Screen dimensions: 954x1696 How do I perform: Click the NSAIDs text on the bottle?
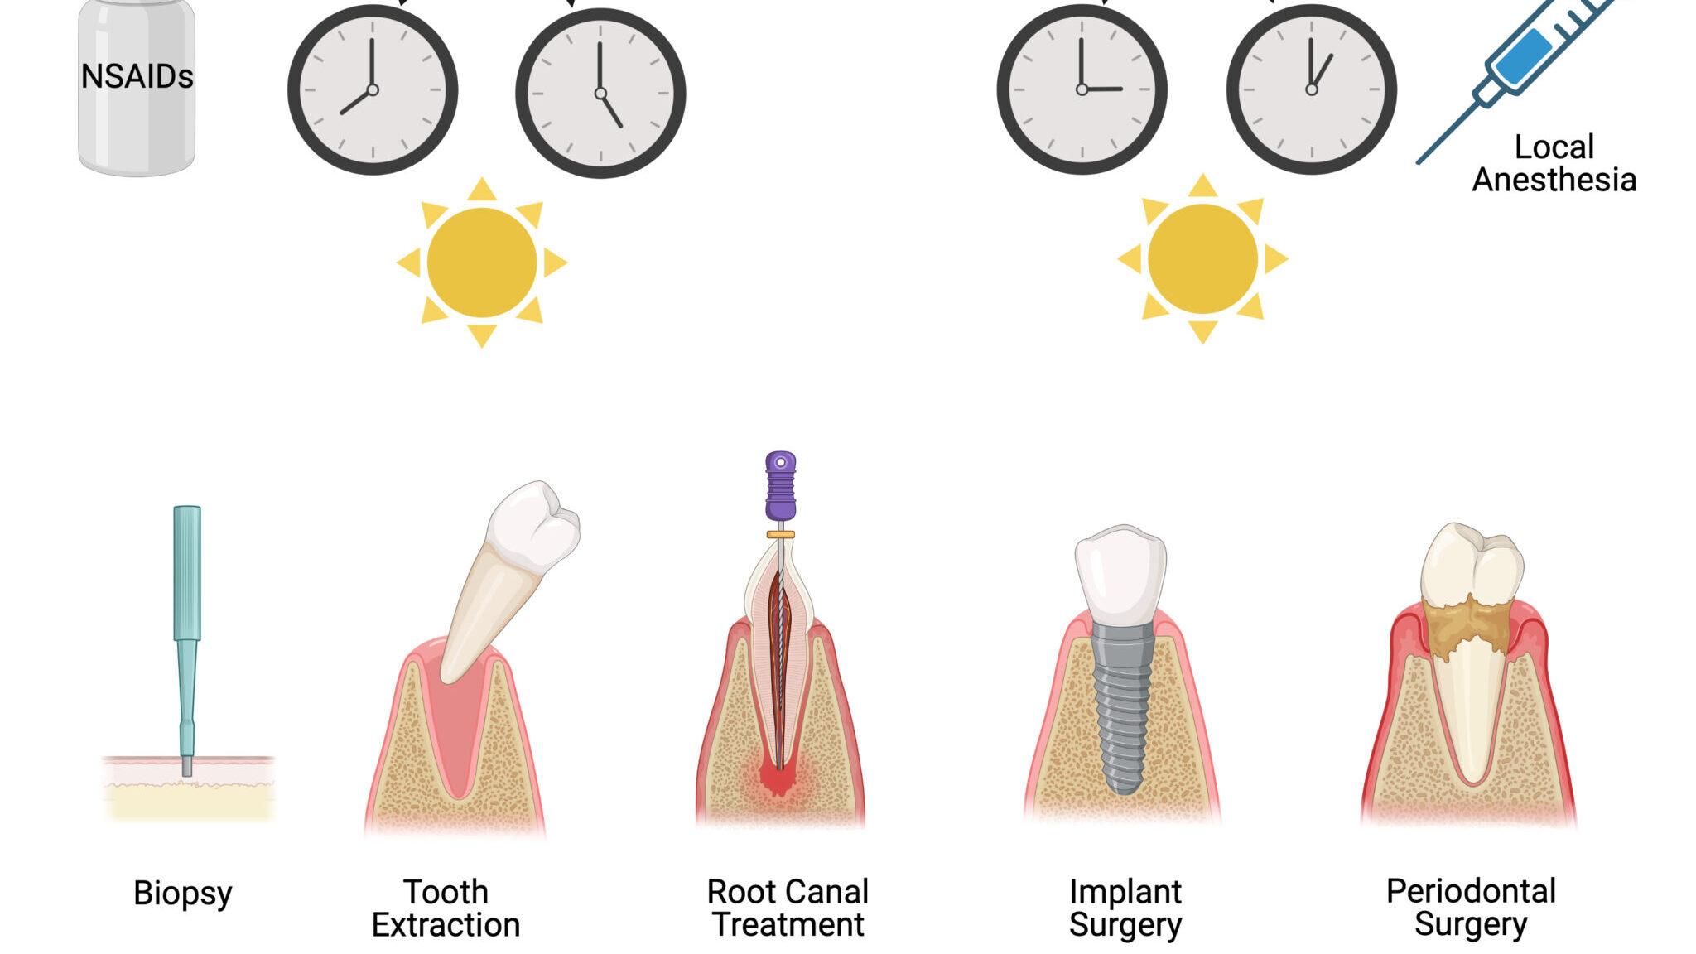(137, 77)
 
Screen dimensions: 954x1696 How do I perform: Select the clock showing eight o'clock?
(372, 89)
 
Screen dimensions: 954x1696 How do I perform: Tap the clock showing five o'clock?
(600, 93)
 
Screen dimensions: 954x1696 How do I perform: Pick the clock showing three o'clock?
(1082, 89)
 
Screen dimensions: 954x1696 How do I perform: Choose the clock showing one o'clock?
(1311, 89)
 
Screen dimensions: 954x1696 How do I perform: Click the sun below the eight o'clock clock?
(481, 263)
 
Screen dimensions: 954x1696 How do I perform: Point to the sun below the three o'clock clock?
(1202, 259)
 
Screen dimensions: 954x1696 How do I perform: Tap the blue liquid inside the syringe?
(1524, 56)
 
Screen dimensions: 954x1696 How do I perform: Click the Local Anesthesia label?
(1554, 163)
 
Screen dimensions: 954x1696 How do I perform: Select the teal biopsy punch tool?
(187, 596)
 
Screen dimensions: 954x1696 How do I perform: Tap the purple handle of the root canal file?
(780, 487)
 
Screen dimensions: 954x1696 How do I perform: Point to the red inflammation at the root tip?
(778, 778)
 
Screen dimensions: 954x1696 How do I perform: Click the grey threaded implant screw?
(1122, 704)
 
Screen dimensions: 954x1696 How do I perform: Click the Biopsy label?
(183, 893)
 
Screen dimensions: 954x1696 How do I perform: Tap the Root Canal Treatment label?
(788, 908)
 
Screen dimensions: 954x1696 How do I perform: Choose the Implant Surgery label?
(1125, 908)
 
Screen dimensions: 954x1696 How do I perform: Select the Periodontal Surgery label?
(1471, 907)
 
